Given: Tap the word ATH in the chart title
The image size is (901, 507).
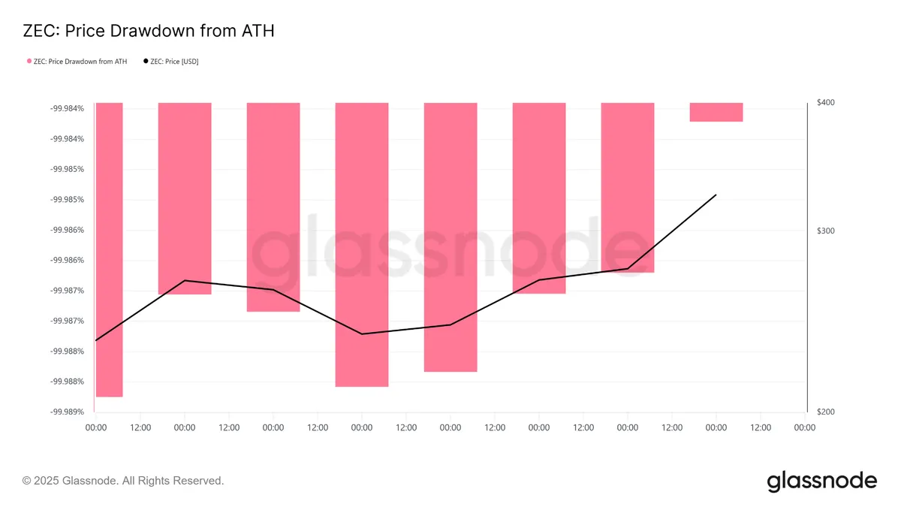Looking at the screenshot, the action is click(258, 31).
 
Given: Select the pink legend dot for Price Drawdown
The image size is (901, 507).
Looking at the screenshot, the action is click(29, 61).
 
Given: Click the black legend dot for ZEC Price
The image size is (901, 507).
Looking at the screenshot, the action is click(146, 61).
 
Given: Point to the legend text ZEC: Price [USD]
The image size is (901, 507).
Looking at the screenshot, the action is click(174, 62).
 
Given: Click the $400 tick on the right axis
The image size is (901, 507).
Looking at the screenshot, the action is click(826, 103).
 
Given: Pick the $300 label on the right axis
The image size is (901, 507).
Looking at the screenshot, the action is click(826, 231).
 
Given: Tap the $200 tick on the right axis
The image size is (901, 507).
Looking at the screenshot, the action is click(826, 412).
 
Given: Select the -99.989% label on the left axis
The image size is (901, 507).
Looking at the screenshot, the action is click(67, 412).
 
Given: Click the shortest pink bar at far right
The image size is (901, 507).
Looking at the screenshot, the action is click(716, 112).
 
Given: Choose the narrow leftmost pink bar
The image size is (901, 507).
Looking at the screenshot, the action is click(109, 250).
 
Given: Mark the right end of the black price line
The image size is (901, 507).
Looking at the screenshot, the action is click(716, 195).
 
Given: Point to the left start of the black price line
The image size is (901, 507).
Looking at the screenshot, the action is click(96, 340).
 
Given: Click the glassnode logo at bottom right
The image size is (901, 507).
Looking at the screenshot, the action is click(821, 481).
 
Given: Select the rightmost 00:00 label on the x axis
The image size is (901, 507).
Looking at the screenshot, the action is click(805, 427).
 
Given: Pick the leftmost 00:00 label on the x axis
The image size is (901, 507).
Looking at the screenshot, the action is click(96, 427).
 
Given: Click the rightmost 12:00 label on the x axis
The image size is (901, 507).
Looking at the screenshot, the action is click(761, 427).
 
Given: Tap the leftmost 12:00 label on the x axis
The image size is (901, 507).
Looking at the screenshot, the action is click(140, 427).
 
